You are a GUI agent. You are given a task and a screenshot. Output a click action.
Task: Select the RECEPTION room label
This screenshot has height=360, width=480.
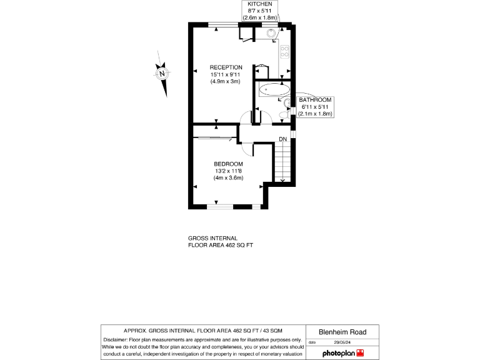(x=226, y=67)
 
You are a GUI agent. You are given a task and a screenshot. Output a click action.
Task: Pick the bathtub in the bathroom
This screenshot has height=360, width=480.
(x=269, y=89)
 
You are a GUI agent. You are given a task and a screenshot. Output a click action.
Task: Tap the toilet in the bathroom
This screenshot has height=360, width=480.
(x=287, y=103)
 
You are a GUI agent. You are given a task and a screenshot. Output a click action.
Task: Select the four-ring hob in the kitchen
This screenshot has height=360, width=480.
(x=284, y=51)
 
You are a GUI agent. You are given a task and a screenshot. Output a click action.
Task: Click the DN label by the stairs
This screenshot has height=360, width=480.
(x=283, y=139)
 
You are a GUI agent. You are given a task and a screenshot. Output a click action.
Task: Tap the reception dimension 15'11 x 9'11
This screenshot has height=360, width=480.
(x=226, y=74)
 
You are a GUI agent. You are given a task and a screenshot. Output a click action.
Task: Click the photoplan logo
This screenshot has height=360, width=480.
(x=342, y=353)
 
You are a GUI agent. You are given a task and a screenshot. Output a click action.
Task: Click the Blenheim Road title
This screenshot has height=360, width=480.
(x=342, y=332)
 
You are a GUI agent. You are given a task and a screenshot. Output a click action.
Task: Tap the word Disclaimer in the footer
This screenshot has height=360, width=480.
(x=117, y=339)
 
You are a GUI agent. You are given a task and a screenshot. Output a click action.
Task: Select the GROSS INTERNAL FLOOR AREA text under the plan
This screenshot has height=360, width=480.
(x=221, y=242)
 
